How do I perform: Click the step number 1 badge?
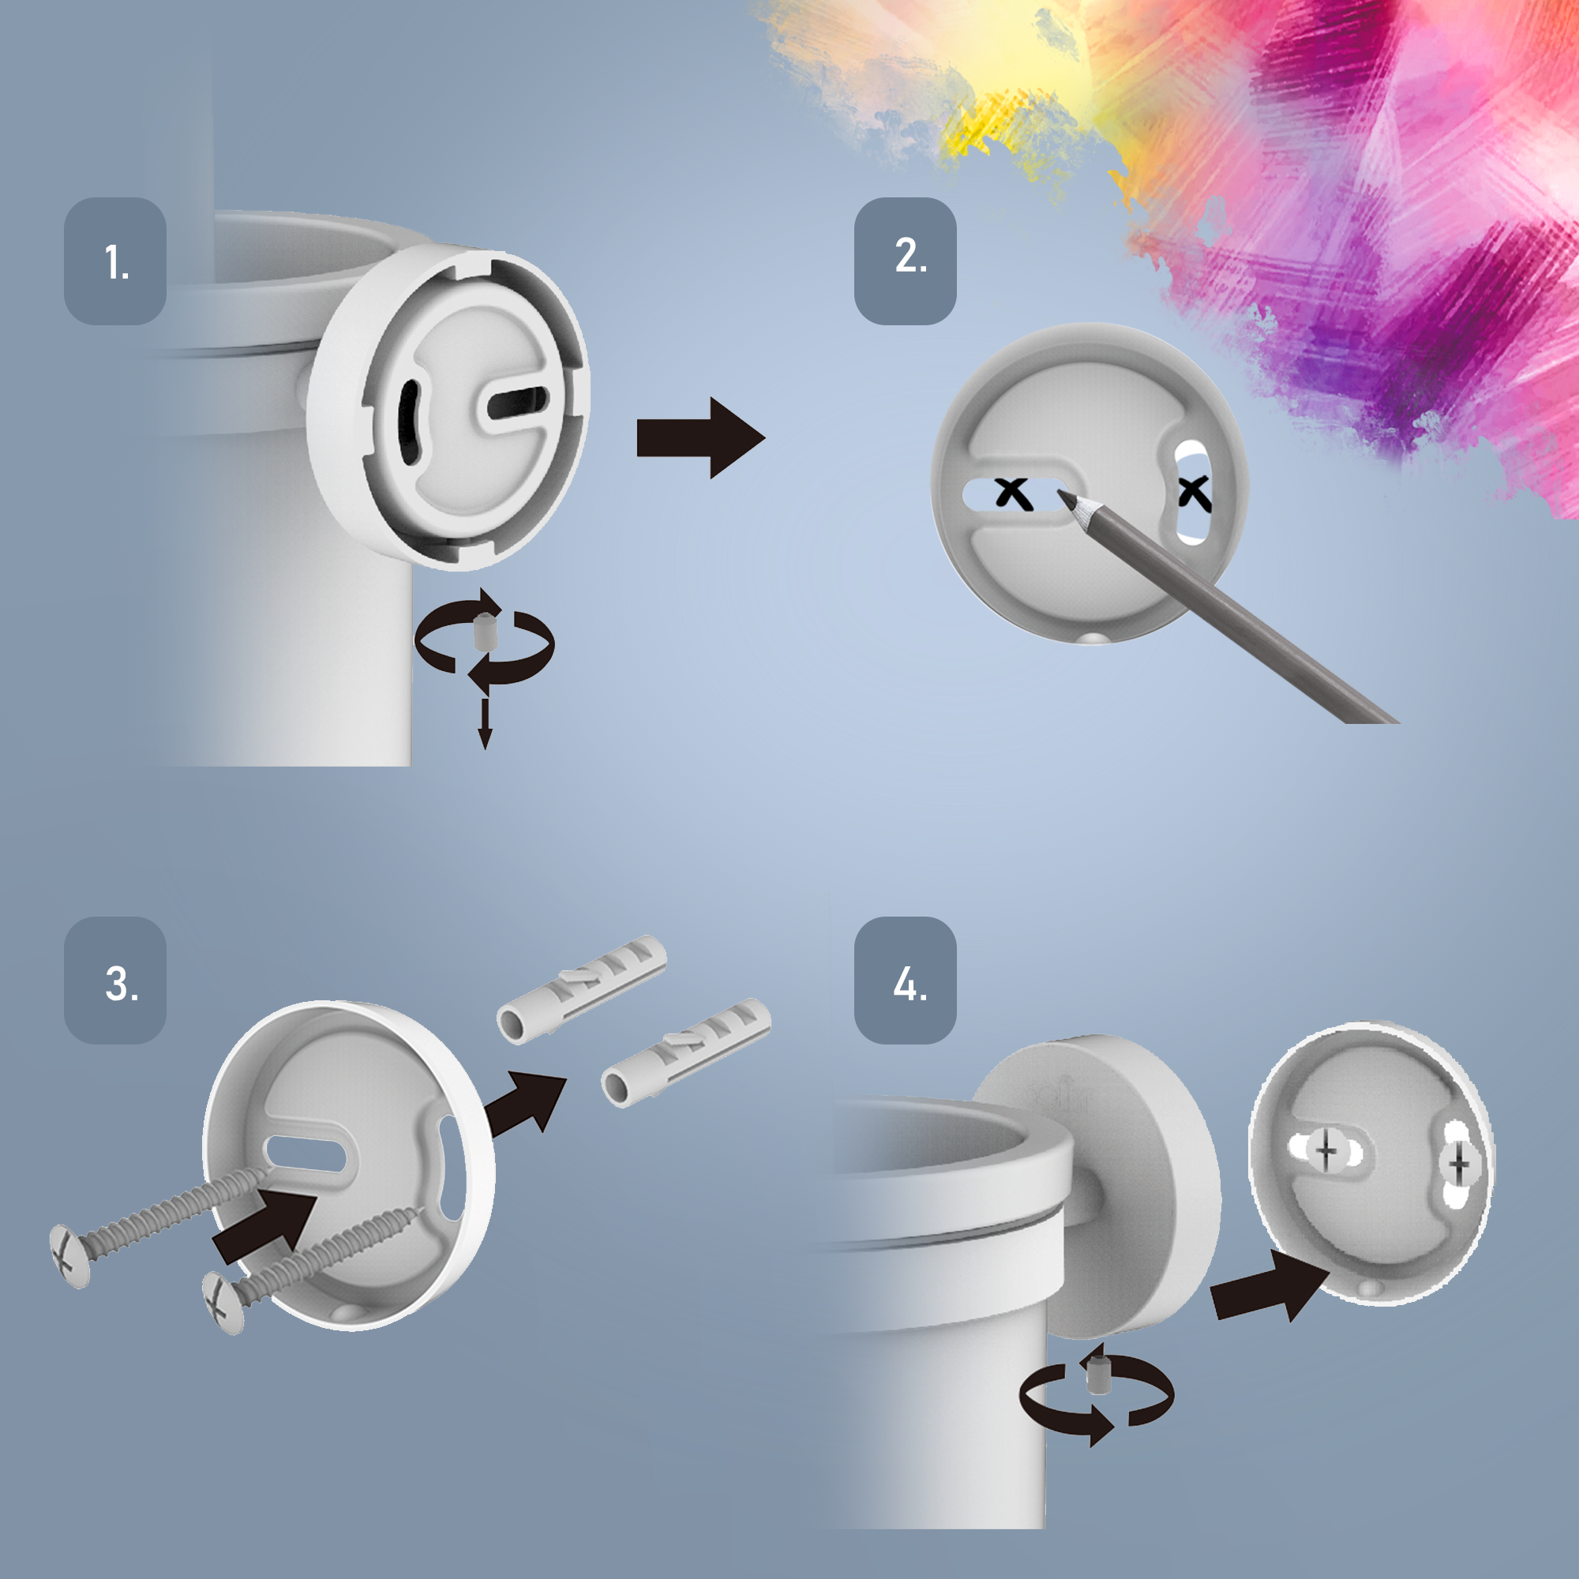tap(115, 261)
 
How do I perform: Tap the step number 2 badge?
tap(906, 261)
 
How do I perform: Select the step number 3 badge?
tap(115, 980)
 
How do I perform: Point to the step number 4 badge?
tap(906, 980)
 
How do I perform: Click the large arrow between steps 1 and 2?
tap(700, 438)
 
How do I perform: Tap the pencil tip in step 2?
tap(1061, 493)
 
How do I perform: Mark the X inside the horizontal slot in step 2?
tap(1013, 493)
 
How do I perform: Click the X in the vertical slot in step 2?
tap(1195, 493)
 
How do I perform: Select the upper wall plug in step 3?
tap(582, 990)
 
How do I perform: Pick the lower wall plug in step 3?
tap(687, 1052)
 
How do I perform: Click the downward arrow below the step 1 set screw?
tap(485, 724)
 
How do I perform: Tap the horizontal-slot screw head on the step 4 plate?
tap(1326, 1153)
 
